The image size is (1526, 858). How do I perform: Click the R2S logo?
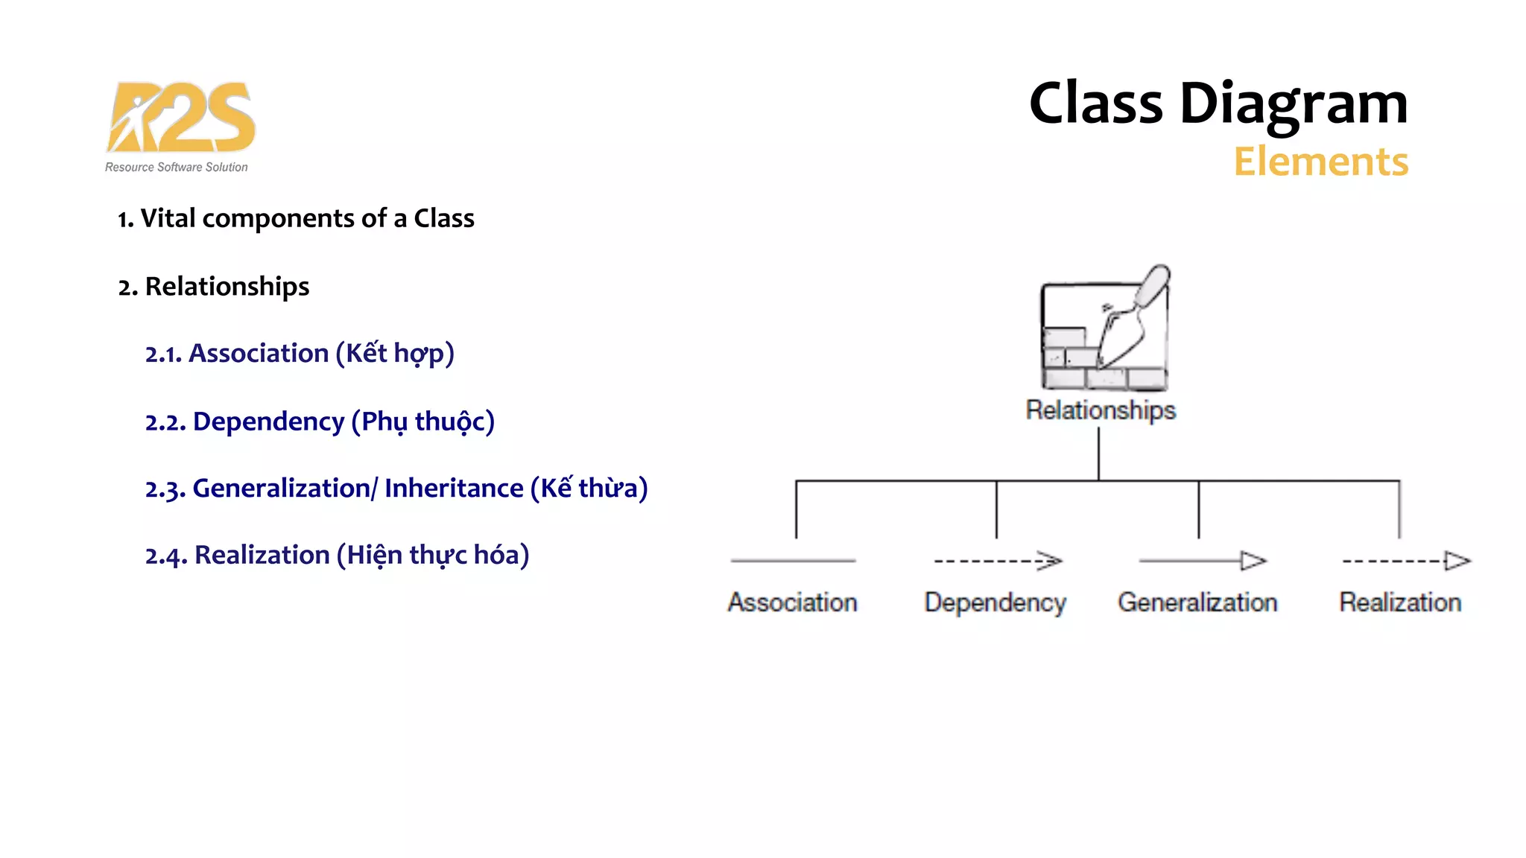pos(181,117)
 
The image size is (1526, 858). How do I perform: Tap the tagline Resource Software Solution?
pos(176,168)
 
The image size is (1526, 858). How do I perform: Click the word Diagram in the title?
pos(1294,104)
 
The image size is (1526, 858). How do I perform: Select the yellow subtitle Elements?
pos(1320,162)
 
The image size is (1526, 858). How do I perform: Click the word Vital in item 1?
pos(168,218)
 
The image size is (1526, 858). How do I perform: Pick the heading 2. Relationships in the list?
pos(214,287)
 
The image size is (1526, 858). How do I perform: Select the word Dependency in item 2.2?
pos(268,422)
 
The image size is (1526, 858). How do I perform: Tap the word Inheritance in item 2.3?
pos(454,489)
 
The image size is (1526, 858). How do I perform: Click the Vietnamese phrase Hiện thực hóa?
pos(433,556)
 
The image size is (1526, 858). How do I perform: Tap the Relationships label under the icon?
pos(1101,410)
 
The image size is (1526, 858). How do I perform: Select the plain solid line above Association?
pos(793,561)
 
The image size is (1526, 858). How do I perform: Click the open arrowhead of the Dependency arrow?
pos(1051,561)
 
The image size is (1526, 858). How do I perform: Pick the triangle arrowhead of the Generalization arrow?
pos(1253,561)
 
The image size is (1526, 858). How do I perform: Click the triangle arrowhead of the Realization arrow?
pos(1457,561)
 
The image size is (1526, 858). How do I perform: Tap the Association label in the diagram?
pos(793,603)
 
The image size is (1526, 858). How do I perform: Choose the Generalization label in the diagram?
pos(1197,603)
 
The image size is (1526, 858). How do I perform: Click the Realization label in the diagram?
pos(1400,603)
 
